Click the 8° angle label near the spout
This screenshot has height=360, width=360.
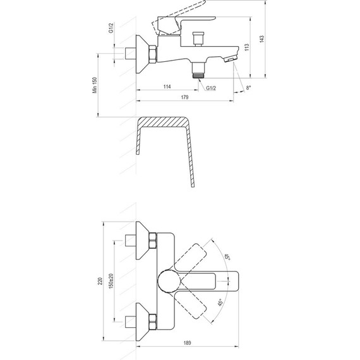coord(248,87)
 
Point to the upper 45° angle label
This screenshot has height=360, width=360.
coord(225,256)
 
